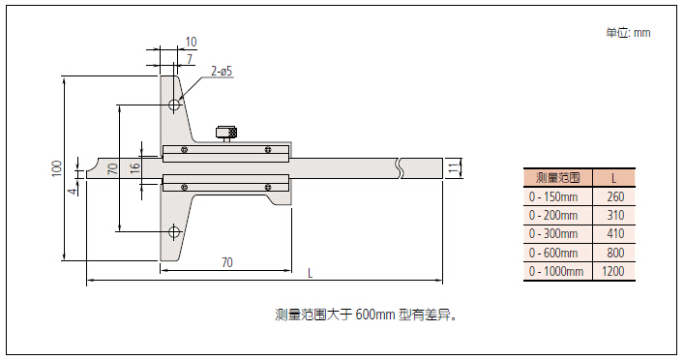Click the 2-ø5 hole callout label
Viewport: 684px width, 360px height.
pos(222,71)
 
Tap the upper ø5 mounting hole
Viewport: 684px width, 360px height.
pos(174,105)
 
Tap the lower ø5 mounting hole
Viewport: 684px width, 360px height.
pos(174,231)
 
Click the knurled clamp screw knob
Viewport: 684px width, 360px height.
pos(226,133)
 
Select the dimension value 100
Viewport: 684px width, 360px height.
pos(57,168)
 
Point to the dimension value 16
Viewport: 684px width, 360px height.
pos(135,166)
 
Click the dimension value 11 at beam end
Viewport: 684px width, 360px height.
pos(454,168)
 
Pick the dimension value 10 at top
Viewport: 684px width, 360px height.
pos(191,42)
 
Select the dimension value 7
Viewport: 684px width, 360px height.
pos(190,58)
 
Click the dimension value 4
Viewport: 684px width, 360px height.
pos(74,190)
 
